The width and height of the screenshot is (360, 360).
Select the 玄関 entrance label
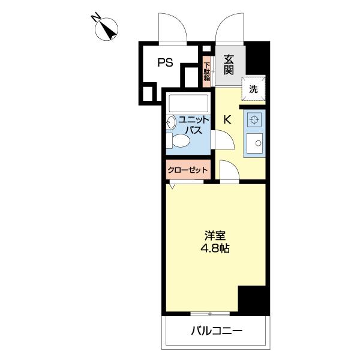tap(229, 64)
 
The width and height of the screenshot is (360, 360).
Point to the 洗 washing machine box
tap(253, 89)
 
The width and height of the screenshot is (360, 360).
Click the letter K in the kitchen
tap(227, 119)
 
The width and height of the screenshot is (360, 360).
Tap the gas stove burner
tap(254, 120)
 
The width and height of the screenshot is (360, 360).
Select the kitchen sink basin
tap(256, 143)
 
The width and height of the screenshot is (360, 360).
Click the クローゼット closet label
tap(188, 170)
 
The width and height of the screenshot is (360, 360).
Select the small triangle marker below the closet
tap(172, 186)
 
